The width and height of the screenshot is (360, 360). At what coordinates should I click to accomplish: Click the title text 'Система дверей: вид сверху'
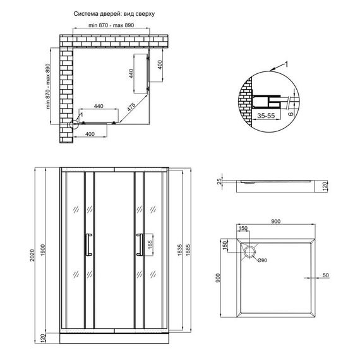pos(114,13)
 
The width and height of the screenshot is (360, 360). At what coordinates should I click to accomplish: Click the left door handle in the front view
pos(88,245)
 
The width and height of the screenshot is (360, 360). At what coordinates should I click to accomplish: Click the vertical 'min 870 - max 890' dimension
pos(50,88)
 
